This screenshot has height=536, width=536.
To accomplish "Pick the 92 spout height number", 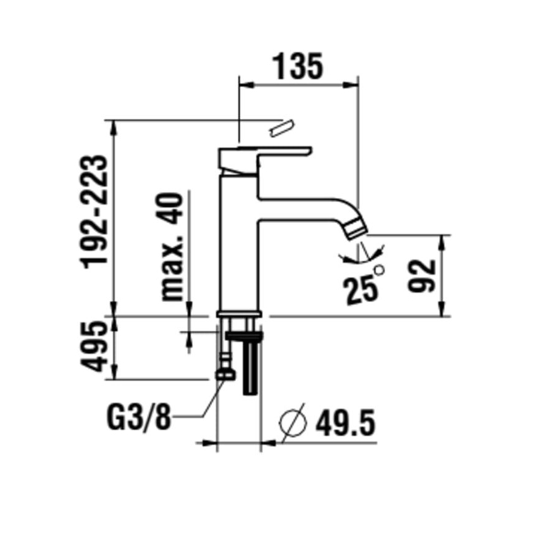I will pyautogui.click(x=423, y=275).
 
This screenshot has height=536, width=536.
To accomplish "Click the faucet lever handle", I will pyautogui.click(x=266, y=154).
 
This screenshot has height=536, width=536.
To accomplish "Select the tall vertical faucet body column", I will pyautogui.click(x=240, y=247).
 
